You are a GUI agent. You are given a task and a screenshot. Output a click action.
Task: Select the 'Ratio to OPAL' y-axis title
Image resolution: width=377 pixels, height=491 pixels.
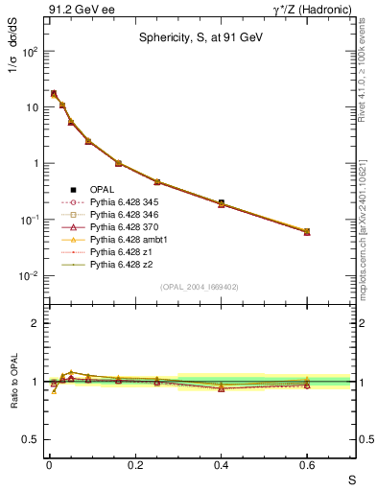12,384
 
